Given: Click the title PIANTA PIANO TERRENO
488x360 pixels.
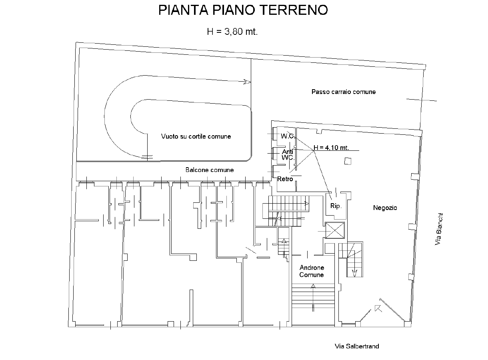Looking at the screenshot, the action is (243, 10).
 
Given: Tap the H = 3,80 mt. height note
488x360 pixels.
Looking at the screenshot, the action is (232, 32).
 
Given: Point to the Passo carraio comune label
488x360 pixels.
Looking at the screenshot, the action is (344, 92).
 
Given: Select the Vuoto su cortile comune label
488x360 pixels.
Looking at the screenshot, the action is (196, 136).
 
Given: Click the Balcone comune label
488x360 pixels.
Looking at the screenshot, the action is (210, 170).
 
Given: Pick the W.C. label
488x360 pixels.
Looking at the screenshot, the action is (288, 136).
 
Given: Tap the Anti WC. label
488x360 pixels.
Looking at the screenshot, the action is (288, 154).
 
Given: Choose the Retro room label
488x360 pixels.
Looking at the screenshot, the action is (285, 179).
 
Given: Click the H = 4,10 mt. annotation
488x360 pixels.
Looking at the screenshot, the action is (331, 148).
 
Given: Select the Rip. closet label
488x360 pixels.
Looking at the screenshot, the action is (336, 206).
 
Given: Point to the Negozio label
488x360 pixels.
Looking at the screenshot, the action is (385, 208).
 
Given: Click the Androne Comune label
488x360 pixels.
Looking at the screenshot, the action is (312, 271).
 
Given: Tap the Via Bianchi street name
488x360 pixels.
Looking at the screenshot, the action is (439, 229).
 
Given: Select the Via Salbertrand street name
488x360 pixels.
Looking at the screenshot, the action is (357, 346).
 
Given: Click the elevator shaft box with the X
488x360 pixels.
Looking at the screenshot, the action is (335, 230).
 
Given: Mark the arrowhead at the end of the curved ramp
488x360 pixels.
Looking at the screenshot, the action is (247, 82).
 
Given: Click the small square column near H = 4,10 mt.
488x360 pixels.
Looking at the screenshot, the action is (348, 161).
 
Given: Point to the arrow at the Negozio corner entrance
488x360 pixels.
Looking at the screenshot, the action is (378, 308).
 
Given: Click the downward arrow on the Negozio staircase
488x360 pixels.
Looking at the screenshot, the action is (354, 273).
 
